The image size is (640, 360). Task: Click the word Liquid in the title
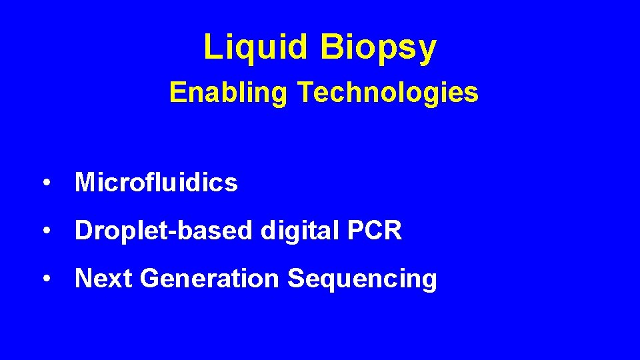[x=256, y=47]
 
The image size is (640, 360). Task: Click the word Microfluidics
[x=156, y=182]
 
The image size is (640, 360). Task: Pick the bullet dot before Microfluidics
[x=46, y=183]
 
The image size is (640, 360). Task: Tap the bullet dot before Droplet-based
[x=46, y=231]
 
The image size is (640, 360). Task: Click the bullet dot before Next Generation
[x=46, y=279]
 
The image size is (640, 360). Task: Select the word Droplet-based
[x=164, y=231]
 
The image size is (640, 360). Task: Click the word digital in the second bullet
[x=301, y=231]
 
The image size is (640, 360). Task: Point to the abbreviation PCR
[x=375, y=231]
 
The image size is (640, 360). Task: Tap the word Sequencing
[x=362, y=279]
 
